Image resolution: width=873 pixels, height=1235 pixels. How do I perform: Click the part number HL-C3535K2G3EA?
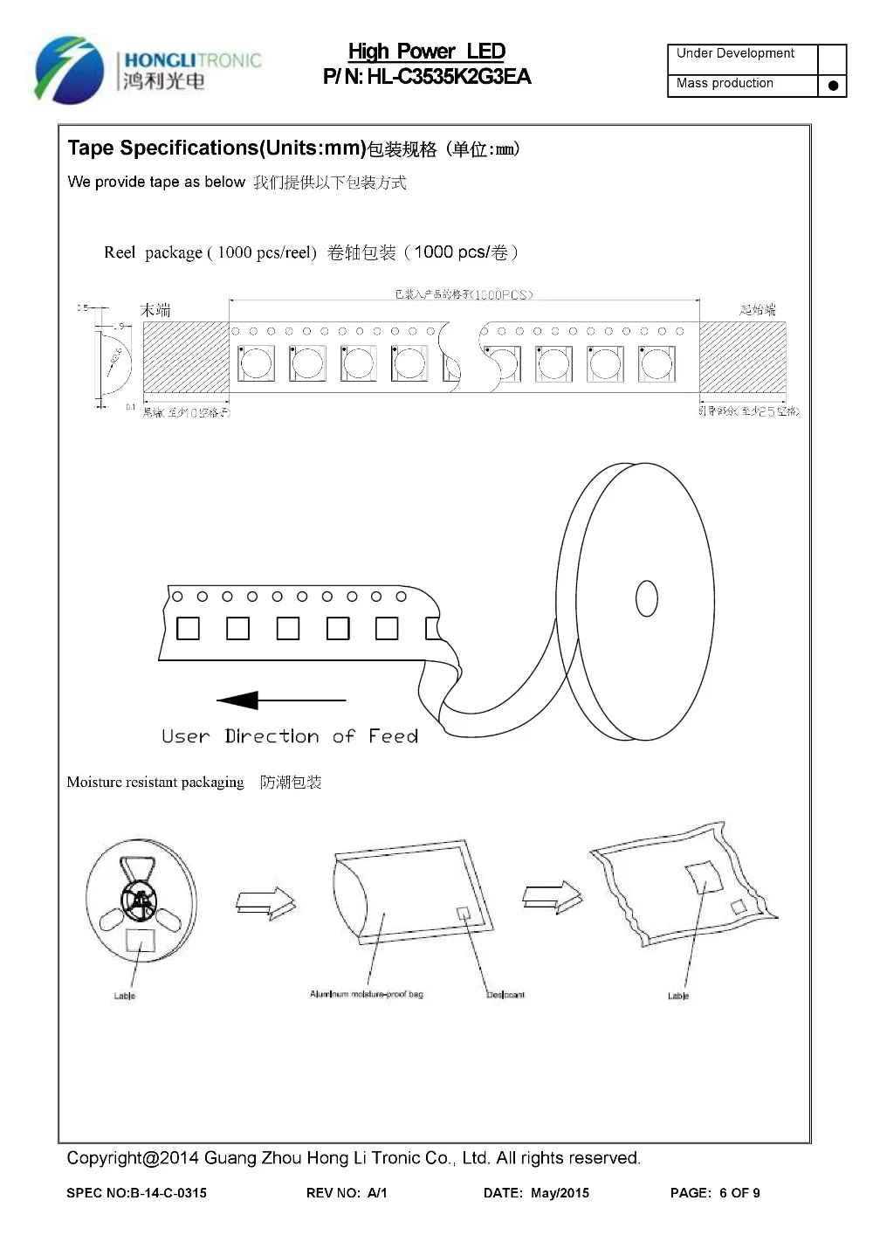point(448,77)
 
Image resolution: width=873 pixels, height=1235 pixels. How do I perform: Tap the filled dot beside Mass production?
point(833,85)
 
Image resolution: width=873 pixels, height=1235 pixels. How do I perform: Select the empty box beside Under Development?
point(832,59)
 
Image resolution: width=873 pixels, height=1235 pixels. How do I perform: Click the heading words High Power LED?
point(427,52)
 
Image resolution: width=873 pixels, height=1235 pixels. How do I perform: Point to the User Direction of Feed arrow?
point(280,700)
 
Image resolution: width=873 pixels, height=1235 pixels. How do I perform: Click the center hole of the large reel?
point(647,598)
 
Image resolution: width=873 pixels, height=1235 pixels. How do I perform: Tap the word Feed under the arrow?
point(393,736)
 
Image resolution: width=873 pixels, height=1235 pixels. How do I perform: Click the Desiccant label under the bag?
point(505,995)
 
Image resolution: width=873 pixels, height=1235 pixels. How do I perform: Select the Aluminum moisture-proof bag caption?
point(367,994)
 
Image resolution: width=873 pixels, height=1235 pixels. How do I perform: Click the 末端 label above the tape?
point(155,310)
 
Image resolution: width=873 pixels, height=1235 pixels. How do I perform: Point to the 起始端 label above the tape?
point(757,310)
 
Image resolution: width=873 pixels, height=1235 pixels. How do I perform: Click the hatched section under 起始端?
point(742,357)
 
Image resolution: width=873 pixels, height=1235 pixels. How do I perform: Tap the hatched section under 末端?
point(186,357)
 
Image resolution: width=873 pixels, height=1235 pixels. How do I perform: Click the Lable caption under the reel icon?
point(125,996)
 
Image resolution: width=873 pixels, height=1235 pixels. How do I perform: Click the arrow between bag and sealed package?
point(552,896)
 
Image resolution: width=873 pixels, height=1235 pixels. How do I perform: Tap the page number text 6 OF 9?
point(739,1193)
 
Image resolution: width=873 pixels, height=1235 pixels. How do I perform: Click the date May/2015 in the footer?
point(560,1193)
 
